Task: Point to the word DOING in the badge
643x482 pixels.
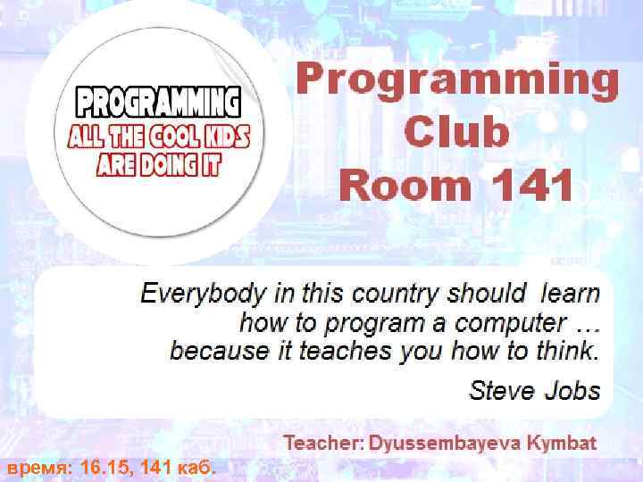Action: click(x=172, y=166)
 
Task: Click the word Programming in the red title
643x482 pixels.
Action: click(x=457, y=78)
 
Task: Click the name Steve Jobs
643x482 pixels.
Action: click(x=534, y=390)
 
